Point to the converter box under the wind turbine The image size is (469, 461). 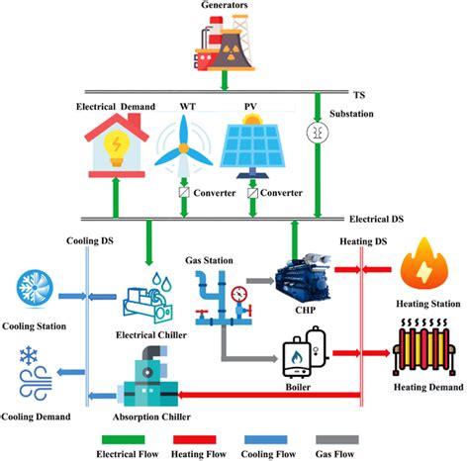pos(183,192)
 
